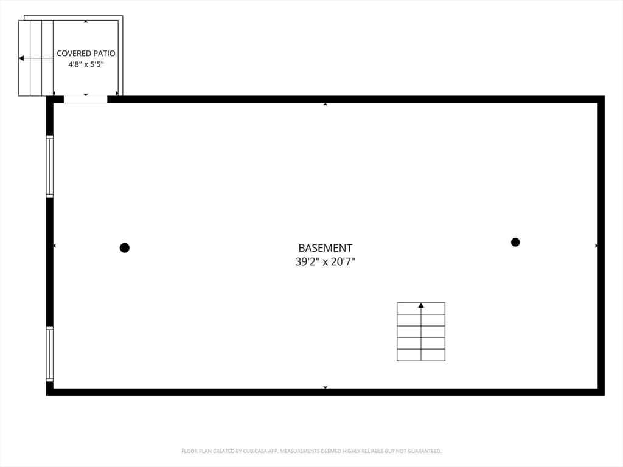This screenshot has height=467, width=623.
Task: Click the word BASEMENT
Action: [x=325, y=248]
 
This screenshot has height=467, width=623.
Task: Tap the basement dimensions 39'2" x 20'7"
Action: [x=325, y=261]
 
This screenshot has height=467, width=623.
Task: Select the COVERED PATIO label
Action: [x=86, y=54]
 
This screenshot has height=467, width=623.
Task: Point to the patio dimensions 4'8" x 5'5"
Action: [x=86, y=64]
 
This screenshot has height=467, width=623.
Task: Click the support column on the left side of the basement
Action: [x=124, y=248]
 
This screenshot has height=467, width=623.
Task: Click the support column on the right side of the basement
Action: [x=515, y=242]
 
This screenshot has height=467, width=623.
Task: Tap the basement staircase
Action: [x=421, y=331]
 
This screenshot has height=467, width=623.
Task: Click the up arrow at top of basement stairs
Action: [x=421, y=305]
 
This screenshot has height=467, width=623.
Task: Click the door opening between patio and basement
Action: [x=85, y=99]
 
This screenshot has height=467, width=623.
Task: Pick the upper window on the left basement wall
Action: [x=50, y=166]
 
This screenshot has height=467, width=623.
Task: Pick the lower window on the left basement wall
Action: [x=50, y=354]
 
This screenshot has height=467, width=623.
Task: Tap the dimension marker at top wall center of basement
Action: [x=325, y=104]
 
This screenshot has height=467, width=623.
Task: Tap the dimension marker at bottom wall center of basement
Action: [x=325, y=387]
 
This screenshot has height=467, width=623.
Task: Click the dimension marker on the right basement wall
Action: [x=596, y=246]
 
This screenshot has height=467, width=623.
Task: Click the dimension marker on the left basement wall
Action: [x=54, y=246]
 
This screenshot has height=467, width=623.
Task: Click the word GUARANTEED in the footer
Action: [x=424, y=451]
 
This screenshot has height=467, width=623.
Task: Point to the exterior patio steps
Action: [x=36, y=58]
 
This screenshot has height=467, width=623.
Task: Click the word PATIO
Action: [x=103, y=54]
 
